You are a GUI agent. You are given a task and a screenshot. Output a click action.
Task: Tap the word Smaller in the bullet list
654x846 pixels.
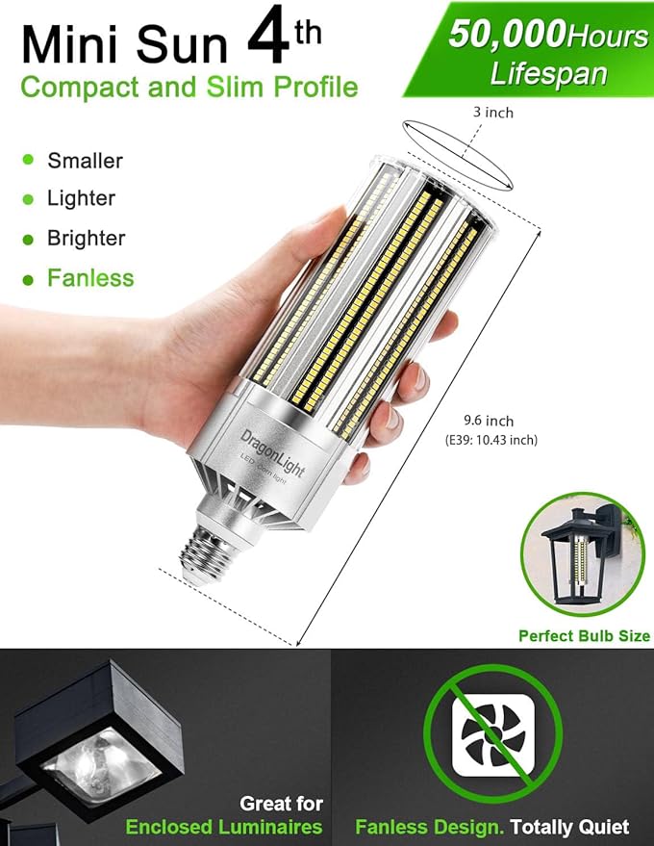(x=86, y=161)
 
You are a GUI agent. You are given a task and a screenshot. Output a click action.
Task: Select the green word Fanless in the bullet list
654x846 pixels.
(x=90, y=278)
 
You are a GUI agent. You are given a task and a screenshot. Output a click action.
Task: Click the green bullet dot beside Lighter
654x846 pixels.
(x=28, y=198)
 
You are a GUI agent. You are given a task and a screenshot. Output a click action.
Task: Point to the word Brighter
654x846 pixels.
(x=87, y=238)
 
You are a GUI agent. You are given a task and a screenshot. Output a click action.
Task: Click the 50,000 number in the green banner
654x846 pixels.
(x=506, y=35)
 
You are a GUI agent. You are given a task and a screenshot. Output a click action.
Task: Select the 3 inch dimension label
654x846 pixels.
(x=492, y=113)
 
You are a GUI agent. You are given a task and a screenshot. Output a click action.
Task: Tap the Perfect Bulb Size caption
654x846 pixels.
(x=584, y=636)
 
